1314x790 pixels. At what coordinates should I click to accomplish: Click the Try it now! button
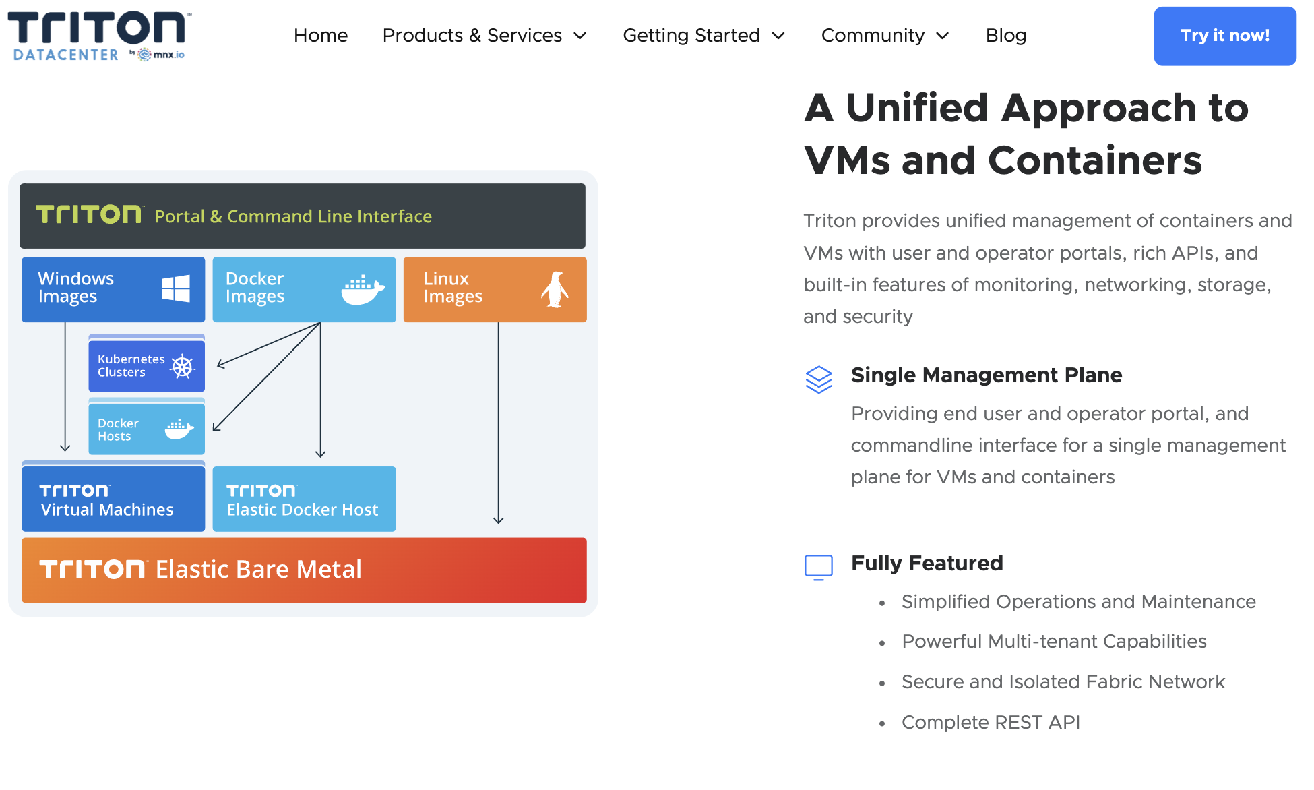[1224, 36]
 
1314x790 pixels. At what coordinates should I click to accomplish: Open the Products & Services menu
[484, 36]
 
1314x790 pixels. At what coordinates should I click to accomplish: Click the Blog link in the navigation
[1005, 36]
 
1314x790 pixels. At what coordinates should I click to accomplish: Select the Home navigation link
[321, 36]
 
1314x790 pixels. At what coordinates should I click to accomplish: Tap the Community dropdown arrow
[943, 36]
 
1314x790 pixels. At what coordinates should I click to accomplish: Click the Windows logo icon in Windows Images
[176, 288]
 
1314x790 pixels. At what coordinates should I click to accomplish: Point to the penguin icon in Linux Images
[555, 290]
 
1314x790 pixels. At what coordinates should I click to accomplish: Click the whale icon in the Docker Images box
[363, 290]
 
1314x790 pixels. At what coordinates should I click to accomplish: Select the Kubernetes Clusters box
[146, 366]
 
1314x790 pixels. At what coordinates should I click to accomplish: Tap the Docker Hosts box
[146, 429]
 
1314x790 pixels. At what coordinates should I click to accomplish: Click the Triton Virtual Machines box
[113, 499]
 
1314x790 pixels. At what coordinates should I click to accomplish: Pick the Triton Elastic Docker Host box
[304, 499]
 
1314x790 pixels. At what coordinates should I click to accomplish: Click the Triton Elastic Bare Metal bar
[304, 570]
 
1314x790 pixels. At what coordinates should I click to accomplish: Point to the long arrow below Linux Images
[499, 425]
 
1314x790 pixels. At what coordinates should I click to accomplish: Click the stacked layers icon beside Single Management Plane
[819, 379]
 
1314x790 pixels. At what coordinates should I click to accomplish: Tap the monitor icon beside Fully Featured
[819, 567]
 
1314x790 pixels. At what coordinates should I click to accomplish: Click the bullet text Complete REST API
[991, 722]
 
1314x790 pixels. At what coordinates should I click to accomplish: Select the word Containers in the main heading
[1095, 160]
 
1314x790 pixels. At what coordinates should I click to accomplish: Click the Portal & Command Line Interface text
[293, 216]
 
